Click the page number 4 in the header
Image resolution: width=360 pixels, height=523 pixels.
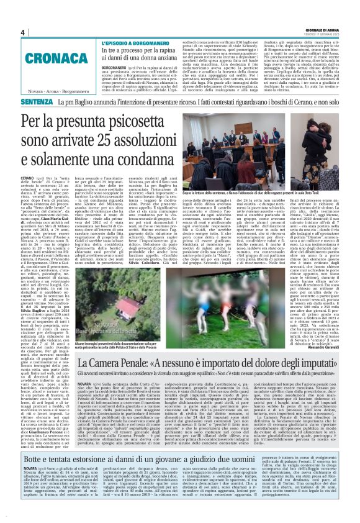tap(22, 32)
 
